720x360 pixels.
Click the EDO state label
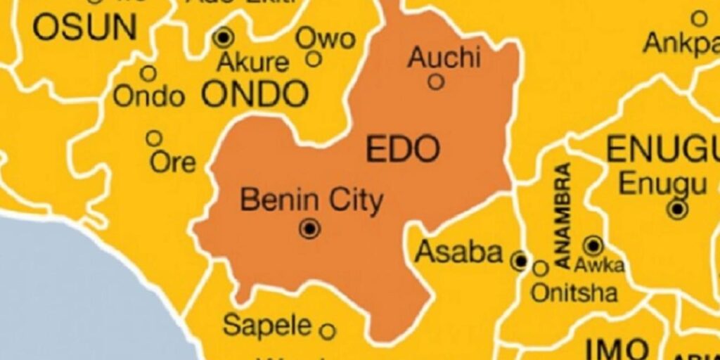pos(403,149)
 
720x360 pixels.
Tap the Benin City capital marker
pos(309,229)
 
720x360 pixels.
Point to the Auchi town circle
pos(436,82)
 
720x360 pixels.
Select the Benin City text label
pos(311,200)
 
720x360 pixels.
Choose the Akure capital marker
pos(224,37)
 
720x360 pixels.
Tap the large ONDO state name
pos(255,94)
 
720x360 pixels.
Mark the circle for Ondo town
pos(148,73)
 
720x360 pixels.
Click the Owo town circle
pos(314,59)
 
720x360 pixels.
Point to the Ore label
pos(173,162)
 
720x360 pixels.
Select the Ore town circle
pos(153,139)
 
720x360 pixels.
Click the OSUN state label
pos(85,27)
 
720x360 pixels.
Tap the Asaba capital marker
pos(520,262)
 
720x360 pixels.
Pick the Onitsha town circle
pos(540,268)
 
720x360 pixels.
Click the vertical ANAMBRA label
pos(563,215)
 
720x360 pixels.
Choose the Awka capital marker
pos(593,245)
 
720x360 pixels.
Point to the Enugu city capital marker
pos(678,209)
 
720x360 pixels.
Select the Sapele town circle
pos(328,330)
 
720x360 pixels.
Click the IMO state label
pos(617,349)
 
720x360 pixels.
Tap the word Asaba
pos(459,252)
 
